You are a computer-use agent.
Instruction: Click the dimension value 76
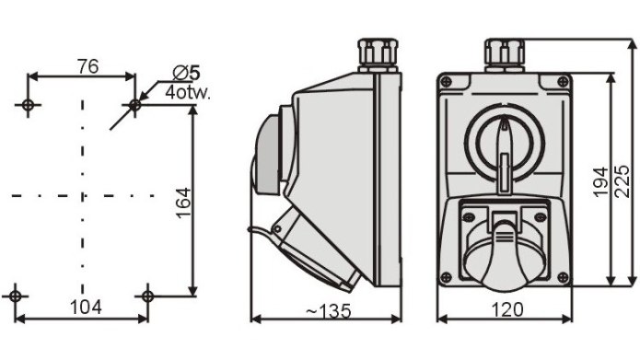(88, 66)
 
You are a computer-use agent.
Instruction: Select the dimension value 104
(86, 308)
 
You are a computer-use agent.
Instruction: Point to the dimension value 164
(183, 203)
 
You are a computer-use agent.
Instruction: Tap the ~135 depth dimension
(329, 311)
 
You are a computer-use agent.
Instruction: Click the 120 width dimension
(507, 309)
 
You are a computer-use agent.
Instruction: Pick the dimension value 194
(600, 182)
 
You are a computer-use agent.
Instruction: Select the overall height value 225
(622, 182)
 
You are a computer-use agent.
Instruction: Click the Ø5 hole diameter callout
(187, 74)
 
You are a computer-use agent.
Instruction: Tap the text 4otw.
(188, 93)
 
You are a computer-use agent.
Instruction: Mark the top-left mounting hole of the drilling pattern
(28, 105)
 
